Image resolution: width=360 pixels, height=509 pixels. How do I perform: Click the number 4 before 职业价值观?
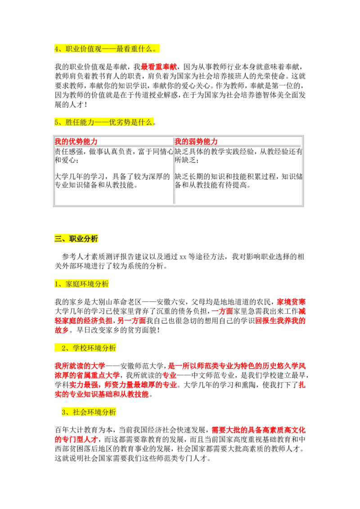point(57,49)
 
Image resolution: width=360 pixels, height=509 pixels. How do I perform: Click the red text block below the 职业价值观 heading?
point(160,67)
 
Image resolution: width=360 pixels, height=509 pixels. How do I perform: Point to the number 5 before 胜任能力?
point(57,122)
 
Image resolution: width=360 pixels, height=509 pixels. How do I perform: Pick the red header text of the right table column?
point(196,142)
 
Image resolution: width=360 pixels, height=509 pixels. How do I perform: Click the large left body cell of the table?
point(115,176)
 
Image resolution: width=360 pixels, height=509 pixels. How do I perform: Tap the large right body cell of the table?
point(237,176)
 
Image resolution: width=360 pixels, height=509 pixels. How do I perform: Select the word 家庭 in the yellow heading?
point(72,284)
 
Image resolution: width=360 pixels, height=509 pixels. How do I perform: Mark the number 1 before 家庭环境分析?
point(56,284)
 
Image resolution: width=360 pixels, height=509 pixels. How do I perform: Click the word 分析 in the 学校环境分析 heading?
point(109,348)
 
